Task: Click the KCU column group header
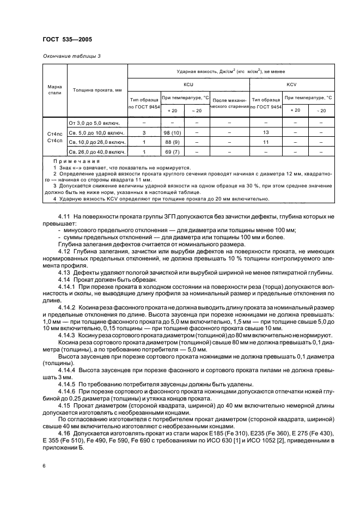pyautogui.click(x=188, y=85)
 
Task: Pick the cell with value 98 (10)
pyautogui.click(x=173, y=132)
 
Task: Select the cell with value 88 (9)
pyautogui.click(x=173, y=141)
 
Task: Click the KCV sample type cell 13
pyautogui.click(x=266, y=132)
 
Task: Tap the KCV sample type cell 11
pyautogui.click(x=266, y=141)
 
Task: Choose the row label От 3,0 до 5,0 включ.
pyautogui.click(x=94, y=123)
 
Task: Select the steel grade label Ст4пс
pyautogui.click(x=54, y=132)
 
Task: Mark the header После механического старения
pyautogui.click(x=229, y=104)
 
